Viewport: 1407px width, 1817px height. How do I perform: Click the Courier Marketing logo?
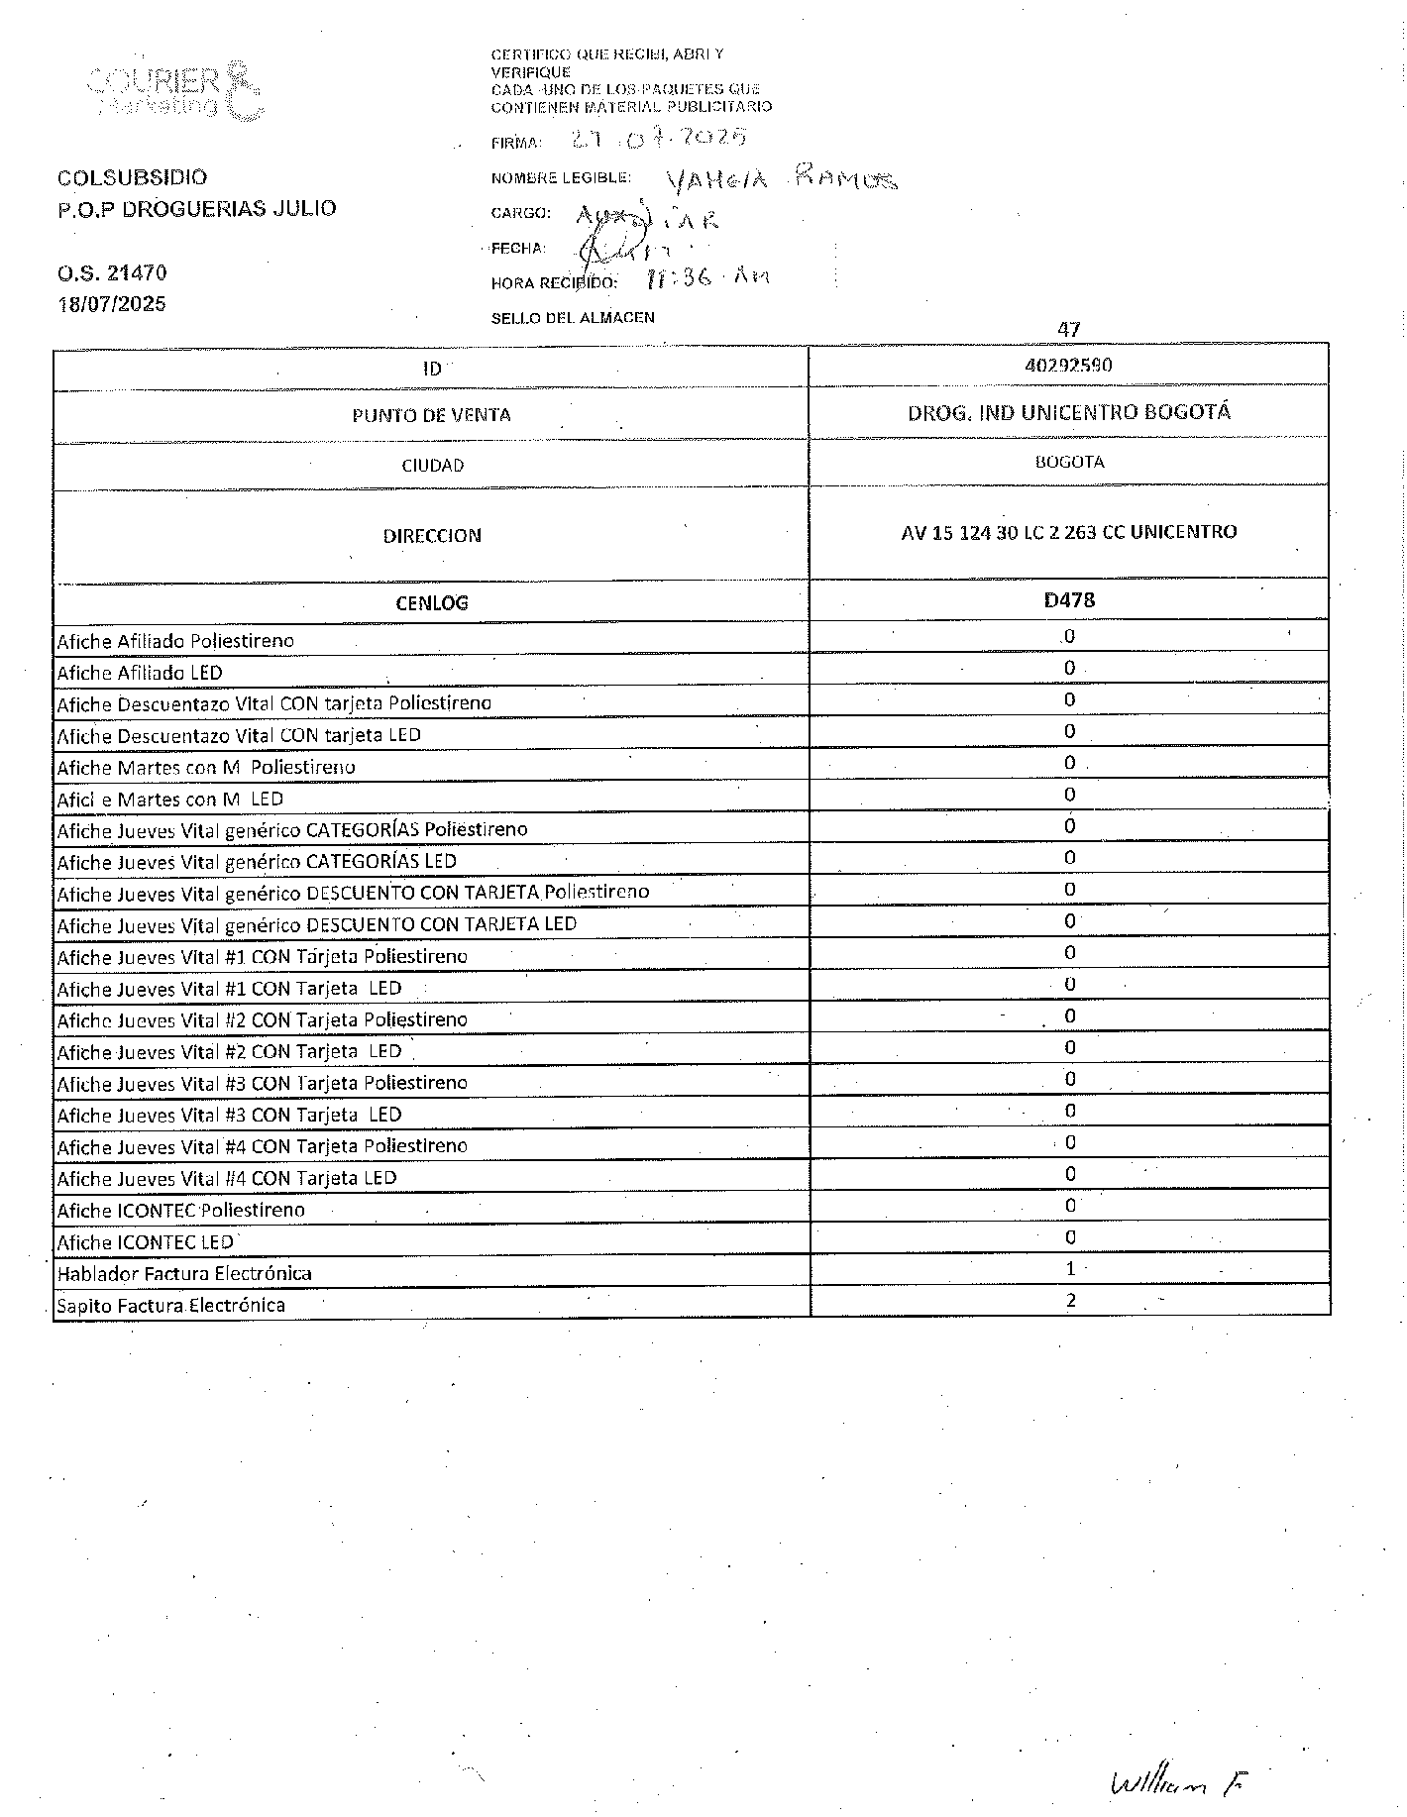[175, 91]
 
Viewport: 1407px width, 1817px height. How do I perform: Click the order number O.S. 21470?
[112, 272]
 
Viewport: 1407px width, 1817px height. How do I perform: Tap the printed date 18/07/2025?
[112, 304]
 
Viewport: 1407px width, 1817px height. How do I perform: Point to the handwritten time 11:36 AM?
[705, 278]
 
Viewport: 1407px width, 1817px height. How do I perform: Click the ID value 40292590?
[1068, 366]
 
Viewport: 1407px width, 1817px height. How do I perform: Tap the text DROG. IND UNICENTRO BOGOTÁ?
[1068, 413]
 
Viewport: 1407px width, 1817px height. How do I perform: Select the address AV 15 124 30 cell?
[1068, 532]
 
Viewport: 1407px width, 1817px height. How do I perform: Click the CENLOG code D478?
[1069, 600]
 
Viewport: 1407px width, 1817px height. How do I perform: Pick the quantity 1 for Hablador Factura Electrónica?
[1070, 1269]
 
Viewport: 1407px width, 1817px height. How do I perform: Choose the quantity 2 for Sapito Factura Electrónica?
[1070, 1301]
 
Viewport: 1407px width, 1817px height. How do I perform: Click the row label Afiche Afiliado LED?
[140, 673]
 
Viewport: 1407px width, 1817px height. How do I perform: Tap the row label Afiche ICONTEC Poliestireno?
[180, 1210]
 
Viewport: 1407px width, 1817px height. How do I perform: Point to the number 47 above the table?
[1068, 329]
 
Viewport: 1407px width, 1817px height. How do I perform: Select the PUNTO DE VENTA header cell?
[431, 415]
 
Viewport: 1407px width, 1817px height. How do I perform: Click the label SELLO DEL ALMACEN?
[573, 318]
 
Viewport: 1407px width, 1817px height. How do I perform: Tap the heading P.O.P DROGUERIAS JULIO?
[196, 208]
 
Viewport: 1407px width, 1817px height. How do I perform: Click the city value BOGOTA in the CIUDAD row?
[1068, 462]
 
